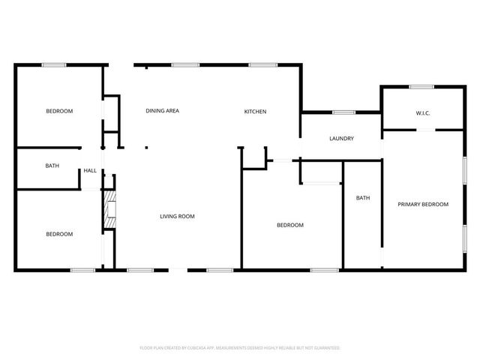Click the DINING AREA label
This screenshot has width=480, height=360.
(162, 111)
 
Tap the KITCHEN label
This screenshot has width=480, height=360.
(255, 112)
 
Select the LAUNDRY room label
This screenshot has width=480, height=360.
(341, 139)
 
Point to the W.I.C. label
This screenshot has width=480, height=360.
(423, 113)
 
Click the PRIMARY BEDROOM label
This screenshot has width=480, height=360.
(423, 204)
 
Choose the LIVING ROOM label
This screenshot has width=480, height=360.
(177, 217)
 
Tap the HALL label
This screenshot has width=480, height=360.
(90, 171)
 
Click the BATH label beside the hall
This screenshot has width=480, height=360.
(52, 166)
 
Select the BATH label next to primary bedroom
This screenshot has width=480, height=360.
(363, 198)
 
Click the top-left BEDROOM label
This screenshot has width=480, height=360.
(59, 111)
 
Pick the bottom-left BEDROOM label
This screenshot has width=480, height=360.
(59, 234)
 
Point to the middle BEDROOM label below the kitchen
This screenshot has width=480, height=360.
(290, 225)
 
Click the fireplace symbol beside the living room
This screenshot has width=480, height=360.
(109, 208)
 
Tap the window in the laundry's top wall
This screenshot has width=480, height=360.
(343, 112)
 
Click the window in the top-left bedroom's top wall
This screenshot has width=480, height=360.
(54, 65)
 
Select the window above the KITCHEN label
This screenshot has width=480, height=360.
(263, 65)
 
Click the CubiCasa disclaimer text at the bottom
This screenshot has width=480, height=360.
(240, 348)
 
